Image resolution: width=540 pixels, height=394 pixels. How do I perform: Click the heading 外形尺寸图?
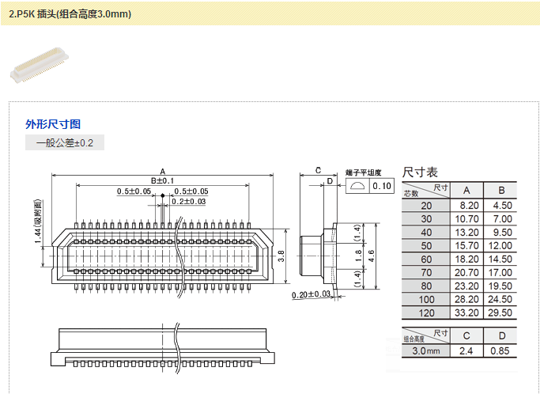(x=53, y=124)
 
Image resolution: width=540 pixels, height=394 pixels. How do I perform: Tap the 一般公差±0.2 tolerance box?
(x=65, y=143)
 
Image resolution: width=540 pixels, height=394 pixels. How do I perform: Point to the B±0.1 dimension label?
(x=162, y=181)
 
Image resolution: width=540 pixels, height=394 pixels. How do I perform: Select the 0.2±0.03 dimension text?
(x=189, y=202)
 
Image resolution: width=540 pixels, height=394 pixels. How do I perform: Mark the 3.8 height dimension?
(x=281, y=256)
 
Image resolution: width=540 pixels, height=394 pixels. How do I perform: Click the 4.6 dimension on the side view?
(x=371, y=255)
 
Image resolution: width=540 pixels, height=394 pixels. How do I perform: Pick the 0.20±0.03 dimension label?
(x=311, y=294)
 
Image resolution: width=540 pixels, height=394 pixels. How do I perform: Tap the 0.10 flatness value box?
(x=382, y=186)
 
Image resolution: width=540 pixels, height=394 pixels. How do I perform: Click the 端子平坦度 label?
(x=364, y=172)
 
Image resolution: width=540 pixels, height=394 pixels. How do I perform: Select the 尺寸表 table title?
(x=421, y=172)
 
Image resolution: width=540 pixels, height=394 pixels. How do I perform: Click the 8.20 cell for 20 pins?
(x=467, y=205)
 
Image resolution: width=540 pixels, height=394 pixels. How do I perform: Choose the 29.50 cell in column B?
(x=500, y=313)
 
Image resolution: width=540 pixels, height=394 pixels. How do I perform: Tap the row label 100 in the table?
(x=427, y=299)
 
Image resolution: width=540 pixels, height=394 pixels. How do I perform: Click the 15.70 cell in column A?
(x=467, y=245)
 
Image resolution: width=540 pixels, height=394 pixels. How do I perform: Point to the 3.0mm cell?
(x=427, y=350)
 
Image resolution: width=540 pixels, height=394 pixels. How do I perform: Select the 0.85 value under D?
(x=500, y=350)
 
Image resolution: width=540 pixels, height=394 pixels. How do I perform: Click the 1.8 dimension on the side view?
(x=357, y=256)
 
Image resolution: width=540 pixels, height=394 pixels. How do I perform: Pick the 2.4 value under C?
(x=467, y=350)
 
